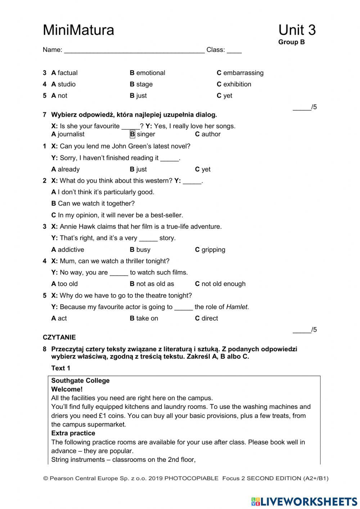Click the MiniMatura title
tap(78, 30)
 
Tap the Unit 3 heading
tap(297, 30)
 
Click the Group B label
tap(291, 42)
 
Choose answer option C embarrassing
tap(240, 73)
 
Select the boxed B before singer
tap(132, 134)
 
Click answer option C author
tap(208, 134)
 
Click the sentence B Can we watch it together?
tap(93, 204)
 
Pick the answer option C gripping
tap(210, 250)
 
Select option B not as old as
tap(152, 284)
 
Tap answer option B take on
tap(144, 318)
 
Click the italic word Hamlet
tap(237, 307)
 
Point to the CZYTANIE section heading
tap(59, 338)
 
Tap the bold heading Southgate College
tap(80, 381)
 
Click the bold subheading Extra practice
tap(73, 433)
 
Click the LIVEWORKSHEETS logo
tap(304, 501)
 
